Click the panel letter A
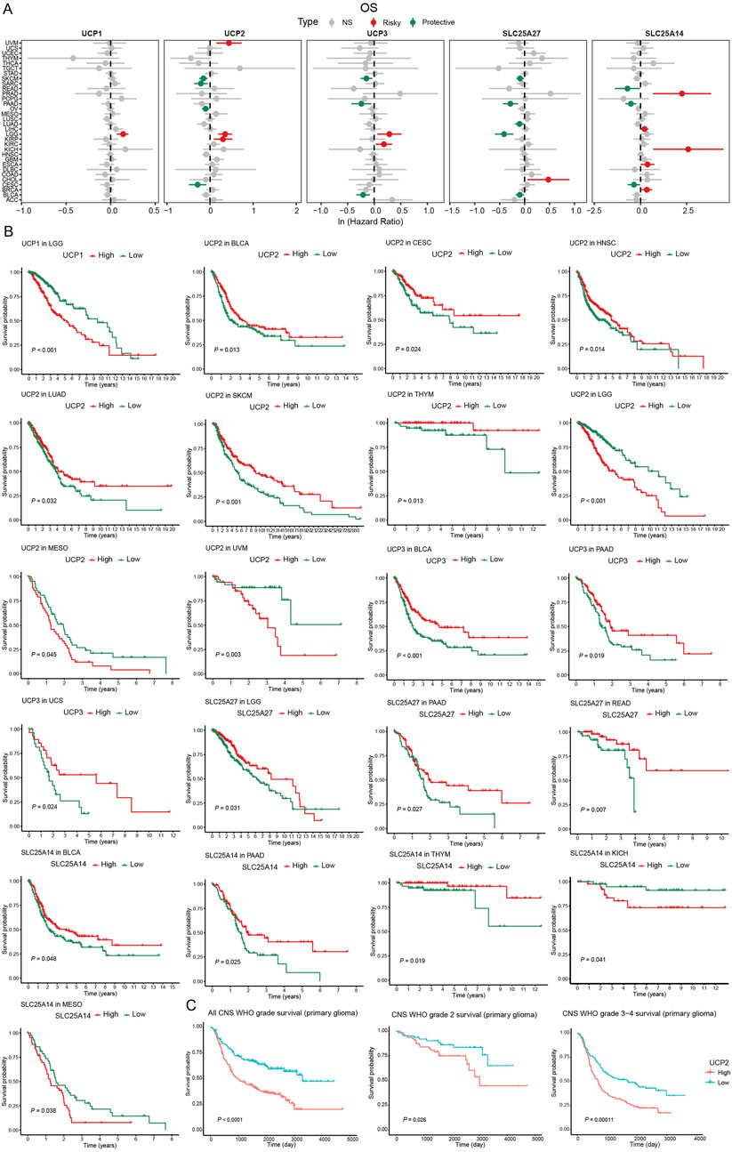7,7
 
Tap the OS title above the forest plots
366,7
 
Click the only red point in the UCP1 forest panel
123,134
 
